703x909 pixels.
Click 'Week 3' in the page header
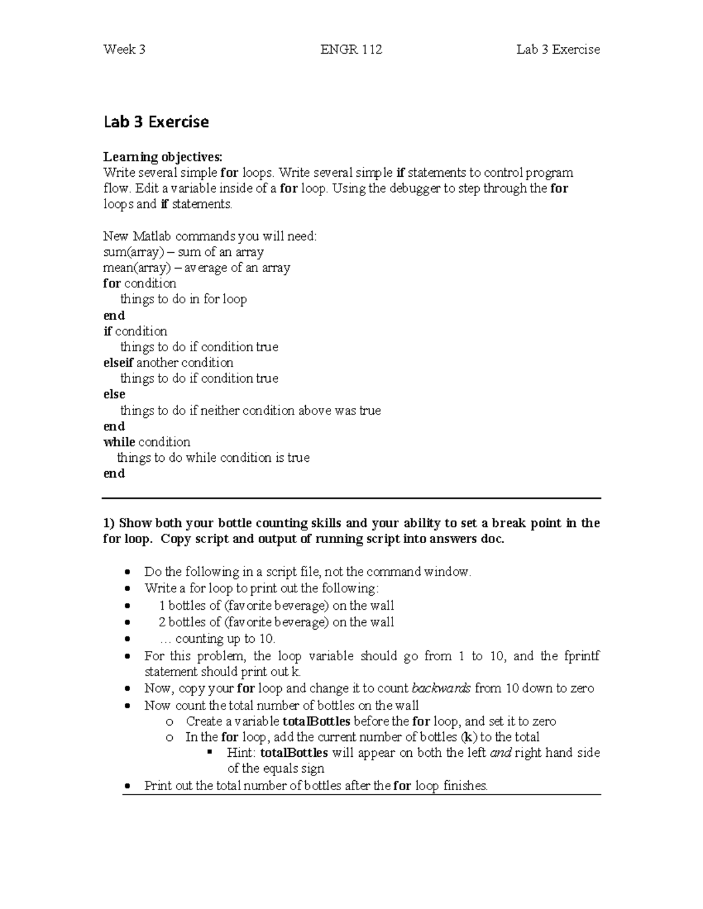tap(124, 50)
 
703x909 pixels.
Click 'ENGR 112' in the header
tap(351, 50)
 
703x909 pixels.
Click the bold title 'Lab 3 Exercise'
tap(156, 122)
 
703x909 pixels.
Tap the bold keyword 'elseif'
tap(118, 363)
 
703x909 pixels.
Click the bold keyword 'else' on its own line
tap(114, 395)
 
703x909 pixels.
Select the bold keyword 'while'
tap(119, 442)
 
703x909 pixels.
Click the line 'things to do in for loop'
tap(183, 300)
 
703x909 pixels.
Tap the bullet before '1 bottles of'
tap(127, 606)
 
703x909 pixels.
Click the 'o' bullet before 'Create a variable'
tap(169, 722)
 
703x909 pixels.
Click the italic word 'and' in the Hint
tap(500, 753)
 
